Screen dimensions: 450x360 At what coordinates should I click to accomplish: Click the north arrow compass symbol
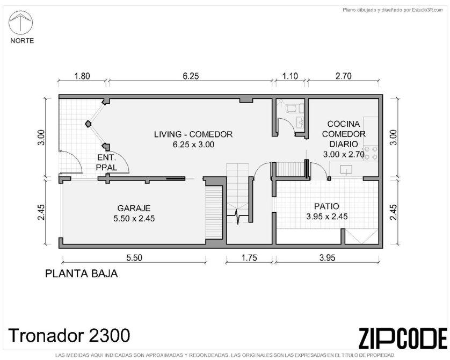[20, 23]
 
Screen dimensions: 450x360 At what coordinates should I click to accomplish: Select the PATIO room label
[326, 206]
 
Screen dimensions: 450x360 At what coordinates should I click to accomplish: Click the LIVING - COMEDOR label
[193, 134]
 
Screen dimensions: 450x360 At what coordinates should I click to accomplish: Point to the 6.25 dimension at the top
[191, 76]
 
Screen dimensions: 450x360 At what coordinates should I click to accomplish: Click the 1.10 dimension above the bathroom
[290, 76]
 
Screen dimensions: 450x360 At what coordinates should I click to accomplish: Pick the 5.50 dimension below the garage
[134, 258]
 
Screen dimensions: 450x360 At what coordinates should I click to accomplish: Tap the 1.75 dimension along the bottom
[249, 258]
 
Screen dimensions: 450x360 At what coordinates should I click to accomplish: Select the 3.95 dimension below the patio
[327, 258]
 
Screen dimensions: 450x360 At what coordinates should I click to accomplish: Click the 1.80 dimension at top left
[82, 76]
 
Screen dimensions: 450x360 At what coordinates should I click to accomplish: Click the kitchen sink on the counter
[346, 170]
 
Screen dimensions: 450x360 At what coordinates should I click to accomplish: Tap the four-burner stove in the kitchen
[371, 153]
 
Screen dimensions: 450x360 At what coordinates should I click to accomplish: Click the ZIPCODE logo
[403, 338]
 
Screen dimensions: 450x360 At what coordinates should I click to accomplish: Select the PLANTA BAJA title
[82, 273]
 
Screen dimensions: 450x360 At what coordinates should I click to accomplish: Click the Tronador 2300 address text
[69, 335]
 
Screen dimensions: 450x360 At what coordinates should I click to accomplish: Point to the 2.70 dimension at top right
[343, 76]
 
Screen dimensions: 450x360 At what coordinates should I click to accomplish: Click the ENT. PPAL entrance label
[106, 162]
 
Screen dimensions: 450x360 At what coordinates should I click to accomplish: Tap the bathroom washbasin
[301, 123]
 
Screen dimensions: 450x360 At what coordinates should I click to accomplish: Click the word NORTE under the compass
[22, 41]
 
